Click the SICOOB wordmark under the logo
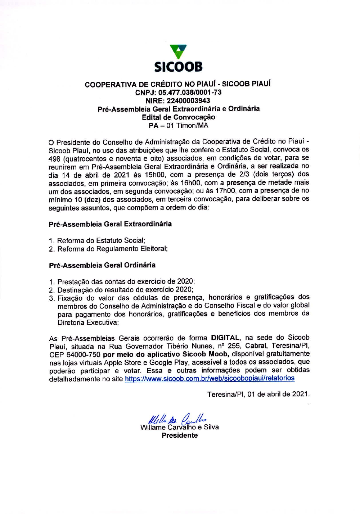click(178, 67)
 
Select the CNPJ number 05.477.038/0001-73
click(190, 93)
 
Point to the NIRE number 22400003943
click(188, 101)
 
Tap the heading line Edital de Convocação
click(178, 117)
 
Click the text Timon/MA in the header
click(192, 126)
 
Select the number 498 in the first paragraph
click(54, 159)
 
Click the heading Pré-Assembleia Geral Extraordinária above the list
click(110, 224)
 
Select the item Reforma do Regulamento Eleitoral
click(112, 249)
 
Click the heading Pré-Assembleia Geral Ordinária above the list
click(102, 265)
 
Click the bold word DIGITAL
click(225, 338)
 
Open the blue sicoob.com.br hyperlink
click(210, 379)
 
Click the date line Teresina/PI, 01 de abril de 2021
click(258, 394)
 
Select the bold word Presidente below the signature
click(180, 436)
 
